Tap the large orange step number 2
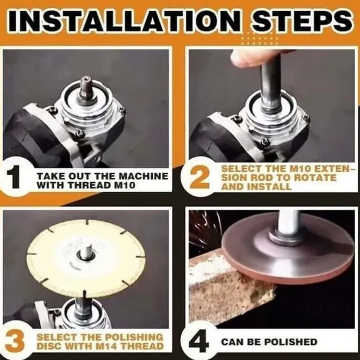(200, 177)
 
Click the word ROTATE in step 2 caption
(315, 178)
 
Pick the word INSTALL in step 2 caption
(269, 186)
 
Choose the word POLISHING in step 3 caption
(134, 337)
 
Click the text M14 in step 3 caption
(107, 346)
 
